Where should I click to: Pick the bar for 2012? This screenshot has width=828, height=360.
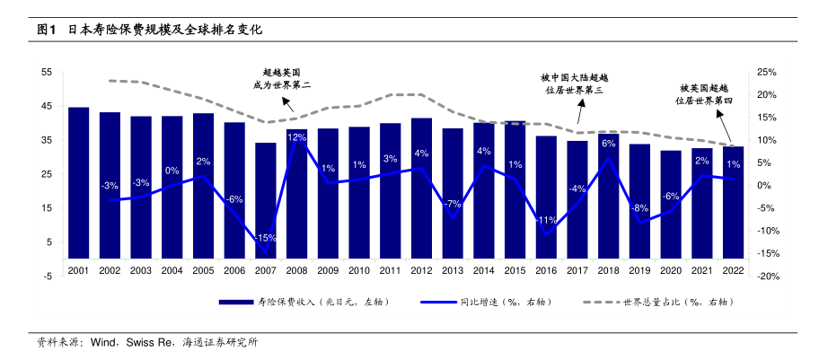(x=421, y=188)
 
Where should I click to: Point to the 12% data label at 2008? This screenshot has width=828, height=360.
(x=296, y=137)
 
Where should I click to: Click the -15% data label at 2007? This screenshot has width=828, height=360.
(x=266, y=238)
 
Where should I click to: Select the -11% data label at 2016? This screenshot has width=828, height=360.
(x=546, y=220)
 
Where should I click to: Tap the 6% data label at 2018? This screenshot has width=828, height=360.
(x=608, y=144)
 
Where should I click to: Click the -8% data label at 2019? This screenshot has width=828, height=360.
(x=639, y=207)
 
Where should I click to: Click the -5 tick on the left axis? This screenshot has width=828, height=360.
(x=47, y=277)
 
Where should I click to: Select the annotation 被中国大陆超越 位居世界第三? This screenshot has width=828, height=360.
(x=575, y=84)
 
